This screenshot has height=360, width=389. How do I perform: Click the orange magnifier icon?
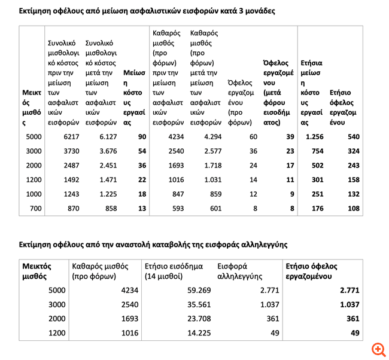(377, 349)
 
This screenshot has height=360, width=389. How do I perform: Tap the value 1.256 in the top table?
(314, 137)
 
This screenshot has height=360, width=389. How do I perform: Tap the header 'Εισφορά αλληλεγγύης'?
(236, 271)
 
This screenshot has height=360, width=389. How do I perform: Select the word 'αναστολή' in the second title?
(124, 244)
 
